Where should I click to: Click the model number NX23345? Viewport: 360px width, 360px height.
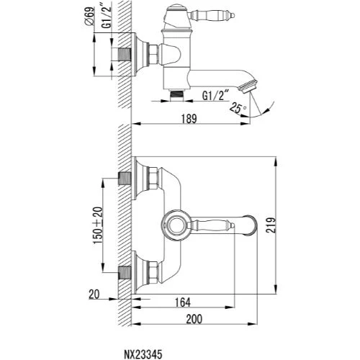tap(143, 354)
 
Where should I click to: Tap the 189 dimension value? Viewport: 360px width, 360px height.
tap(189, 119)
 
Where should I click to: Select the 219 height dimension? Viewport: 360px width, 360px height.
tap(271, 225)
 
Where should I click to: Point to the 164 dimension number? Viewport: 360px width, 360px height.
tap(183, 302)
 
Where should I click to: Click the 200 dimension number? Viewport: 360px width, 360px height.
tap(194, 319)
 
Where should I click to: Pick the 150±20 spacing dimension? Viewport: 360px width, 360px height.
tap(98, 225)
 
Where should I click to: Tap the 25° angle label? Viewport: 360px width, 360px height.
tap(237, 107)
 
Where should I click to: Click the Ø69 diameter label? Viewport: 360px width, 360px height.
tap(89, 16)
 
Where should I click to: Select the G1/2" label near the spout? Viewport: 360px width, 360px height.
tap(216, 96)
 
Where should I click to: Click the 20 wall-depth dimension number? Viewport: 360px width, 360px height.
tap(94, 294)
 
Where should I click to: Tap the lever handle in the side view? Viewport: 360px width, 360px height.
tap(211, 15)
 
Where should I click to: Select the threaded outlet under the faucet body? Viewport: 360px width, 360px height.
tap(176, 95)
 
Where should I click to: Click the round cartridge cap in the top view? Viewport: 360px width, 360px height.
tap(176, 225)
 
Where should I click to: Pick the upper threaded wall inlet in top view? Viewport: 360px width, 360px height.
tap(125, 178)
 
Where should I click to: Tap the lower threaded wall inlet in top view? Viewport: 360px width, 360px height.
tap(125, 272)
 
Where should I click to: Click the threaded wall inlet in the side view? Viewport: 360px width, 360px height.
tap(124, 55)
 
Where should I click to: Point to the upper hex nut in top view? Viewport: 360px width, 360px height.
tap(153, 178)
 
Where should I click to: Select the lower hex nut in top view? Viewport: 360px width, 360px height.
tap(153, 272)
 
